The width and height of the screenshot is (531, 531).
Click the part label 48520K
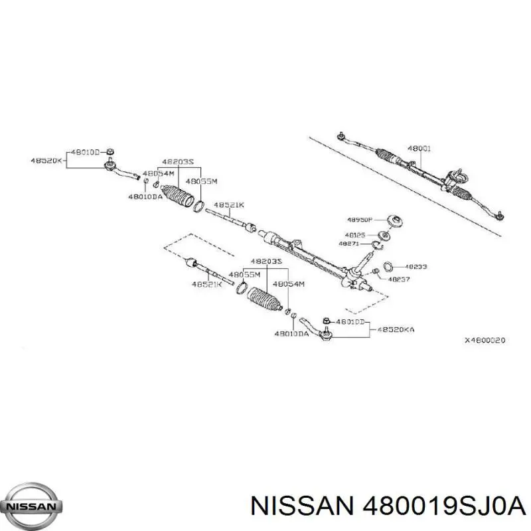pos(46,160)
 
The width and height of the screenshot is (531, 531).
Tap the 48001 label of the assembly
pos(419,149)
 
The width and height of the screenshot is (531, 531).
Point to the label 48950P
pos(360,220)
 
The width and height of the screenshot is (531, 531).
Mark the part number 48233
pos(415,266)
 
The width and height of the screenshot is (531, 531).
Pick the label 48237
pos(399,279)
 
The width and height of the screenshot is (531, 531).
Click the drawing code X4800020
pos(485,340)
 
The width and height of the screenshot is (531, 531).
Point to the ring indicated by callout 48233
pos(389,266)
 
